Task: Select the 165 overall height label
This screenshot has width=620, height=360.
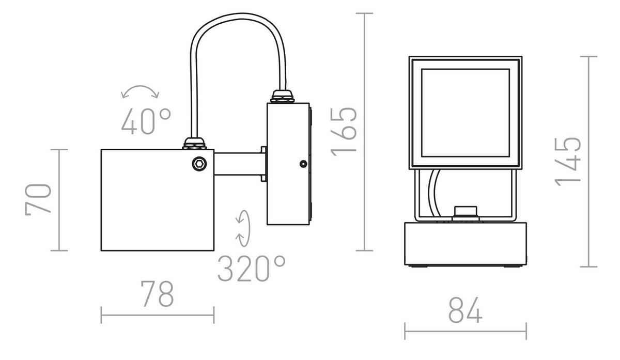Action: (344, 131)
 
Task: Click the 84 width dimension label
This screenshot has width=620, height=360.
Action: (465, 310)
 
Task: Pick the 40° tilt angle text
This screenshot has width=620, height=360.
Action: (146, 121)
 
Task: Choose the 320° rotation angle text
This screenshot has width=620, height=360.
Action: (251, 268)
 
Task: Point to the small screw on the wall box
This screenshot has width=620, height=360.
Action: (302, 164)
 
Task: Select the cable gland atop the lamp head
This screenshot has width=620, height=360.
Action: (195, 143)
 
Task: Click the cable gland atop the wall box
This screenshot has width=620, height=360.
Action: (283, 97)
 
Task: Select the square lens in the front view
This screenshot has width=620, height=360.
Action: (465, 113)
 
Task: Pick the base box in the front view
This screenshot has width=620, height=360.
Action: (465, 243)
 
